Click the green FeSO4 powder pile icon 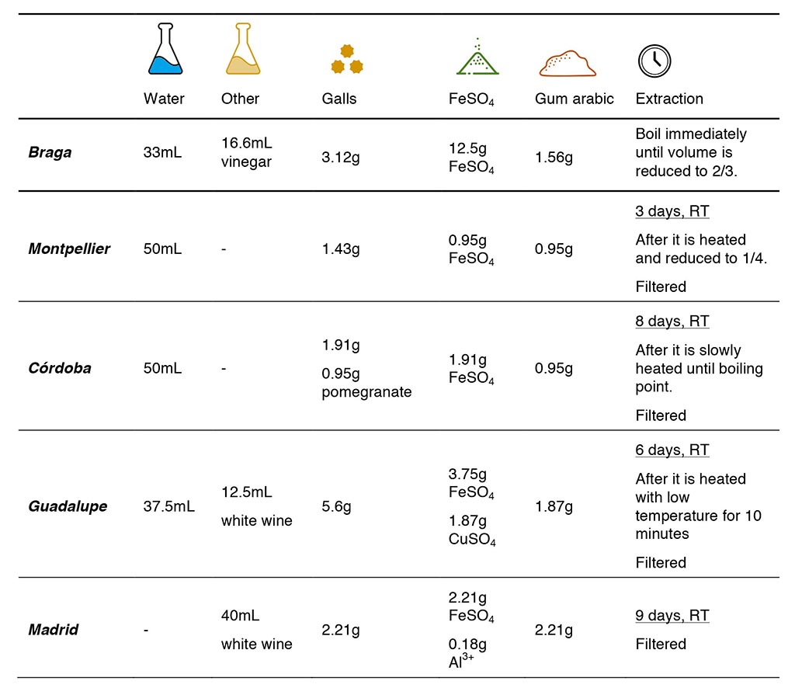(x=477, y=57)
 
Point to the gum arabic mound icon (x=568, y=63)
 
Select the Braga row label (x=50, y=152)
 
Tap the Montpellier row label (x=69, y=249)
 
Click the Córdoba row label (x=61, y=368)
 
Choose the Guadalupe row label (x=68, y=506)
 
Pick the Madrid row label (x=54, y=630)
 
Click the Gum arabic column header (x=574, y=99)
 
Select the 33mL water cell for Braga (x=162, y=153)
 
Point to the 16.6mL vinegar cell (x=247, y=153)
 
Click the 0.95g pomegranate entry (x=366, y=383)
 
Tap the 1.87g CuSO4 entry (x=472, y=530)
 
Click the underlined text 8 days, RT (x=672, y=321)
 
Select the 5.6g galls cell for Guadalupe (x=336, y=507)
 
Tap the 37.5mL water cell (x=169, y=507)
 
